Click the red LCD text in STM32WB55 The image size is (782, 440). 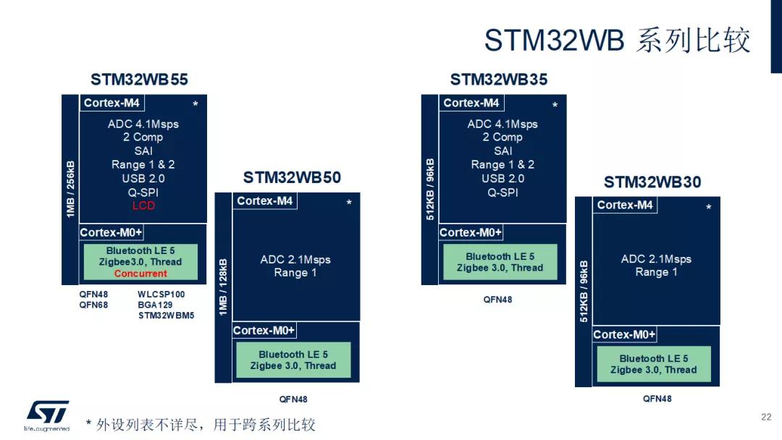point(143,206)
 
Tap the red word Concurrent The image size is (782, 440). point(140,274)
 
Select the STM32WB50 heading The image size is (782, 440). point(292,178)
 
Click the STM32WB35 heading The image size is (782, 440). point(499,80)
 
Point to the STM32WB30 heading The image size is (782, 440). point(652,182)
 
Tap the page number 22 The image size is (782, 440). point(766,417)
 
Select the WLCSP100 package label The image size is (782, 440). point(161,295)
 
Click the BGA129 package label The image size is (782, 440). point(155,305)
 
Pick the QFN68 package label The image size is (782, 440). point(93,305)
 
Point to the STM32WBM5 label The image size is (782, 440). point(166,316)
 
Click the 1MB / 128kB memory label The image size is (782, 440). point(223,287)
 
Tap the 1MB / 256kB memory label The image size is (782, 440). point(70,189)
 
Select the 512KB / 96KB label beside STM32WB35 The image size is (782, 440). point(430,189)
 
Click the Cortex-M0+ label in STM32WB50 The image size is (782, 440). point(264,331)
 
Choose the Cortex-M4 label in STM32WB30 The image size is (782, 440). point(624,206)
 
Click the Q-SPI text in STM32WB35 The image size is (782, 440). point(503,192)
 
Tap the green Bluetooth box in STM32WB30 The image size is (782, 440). point(653,364)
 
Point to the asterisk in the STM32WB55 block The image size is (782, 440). point(195,105)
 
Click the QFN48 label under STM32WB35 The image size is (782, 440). point(497,299)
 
